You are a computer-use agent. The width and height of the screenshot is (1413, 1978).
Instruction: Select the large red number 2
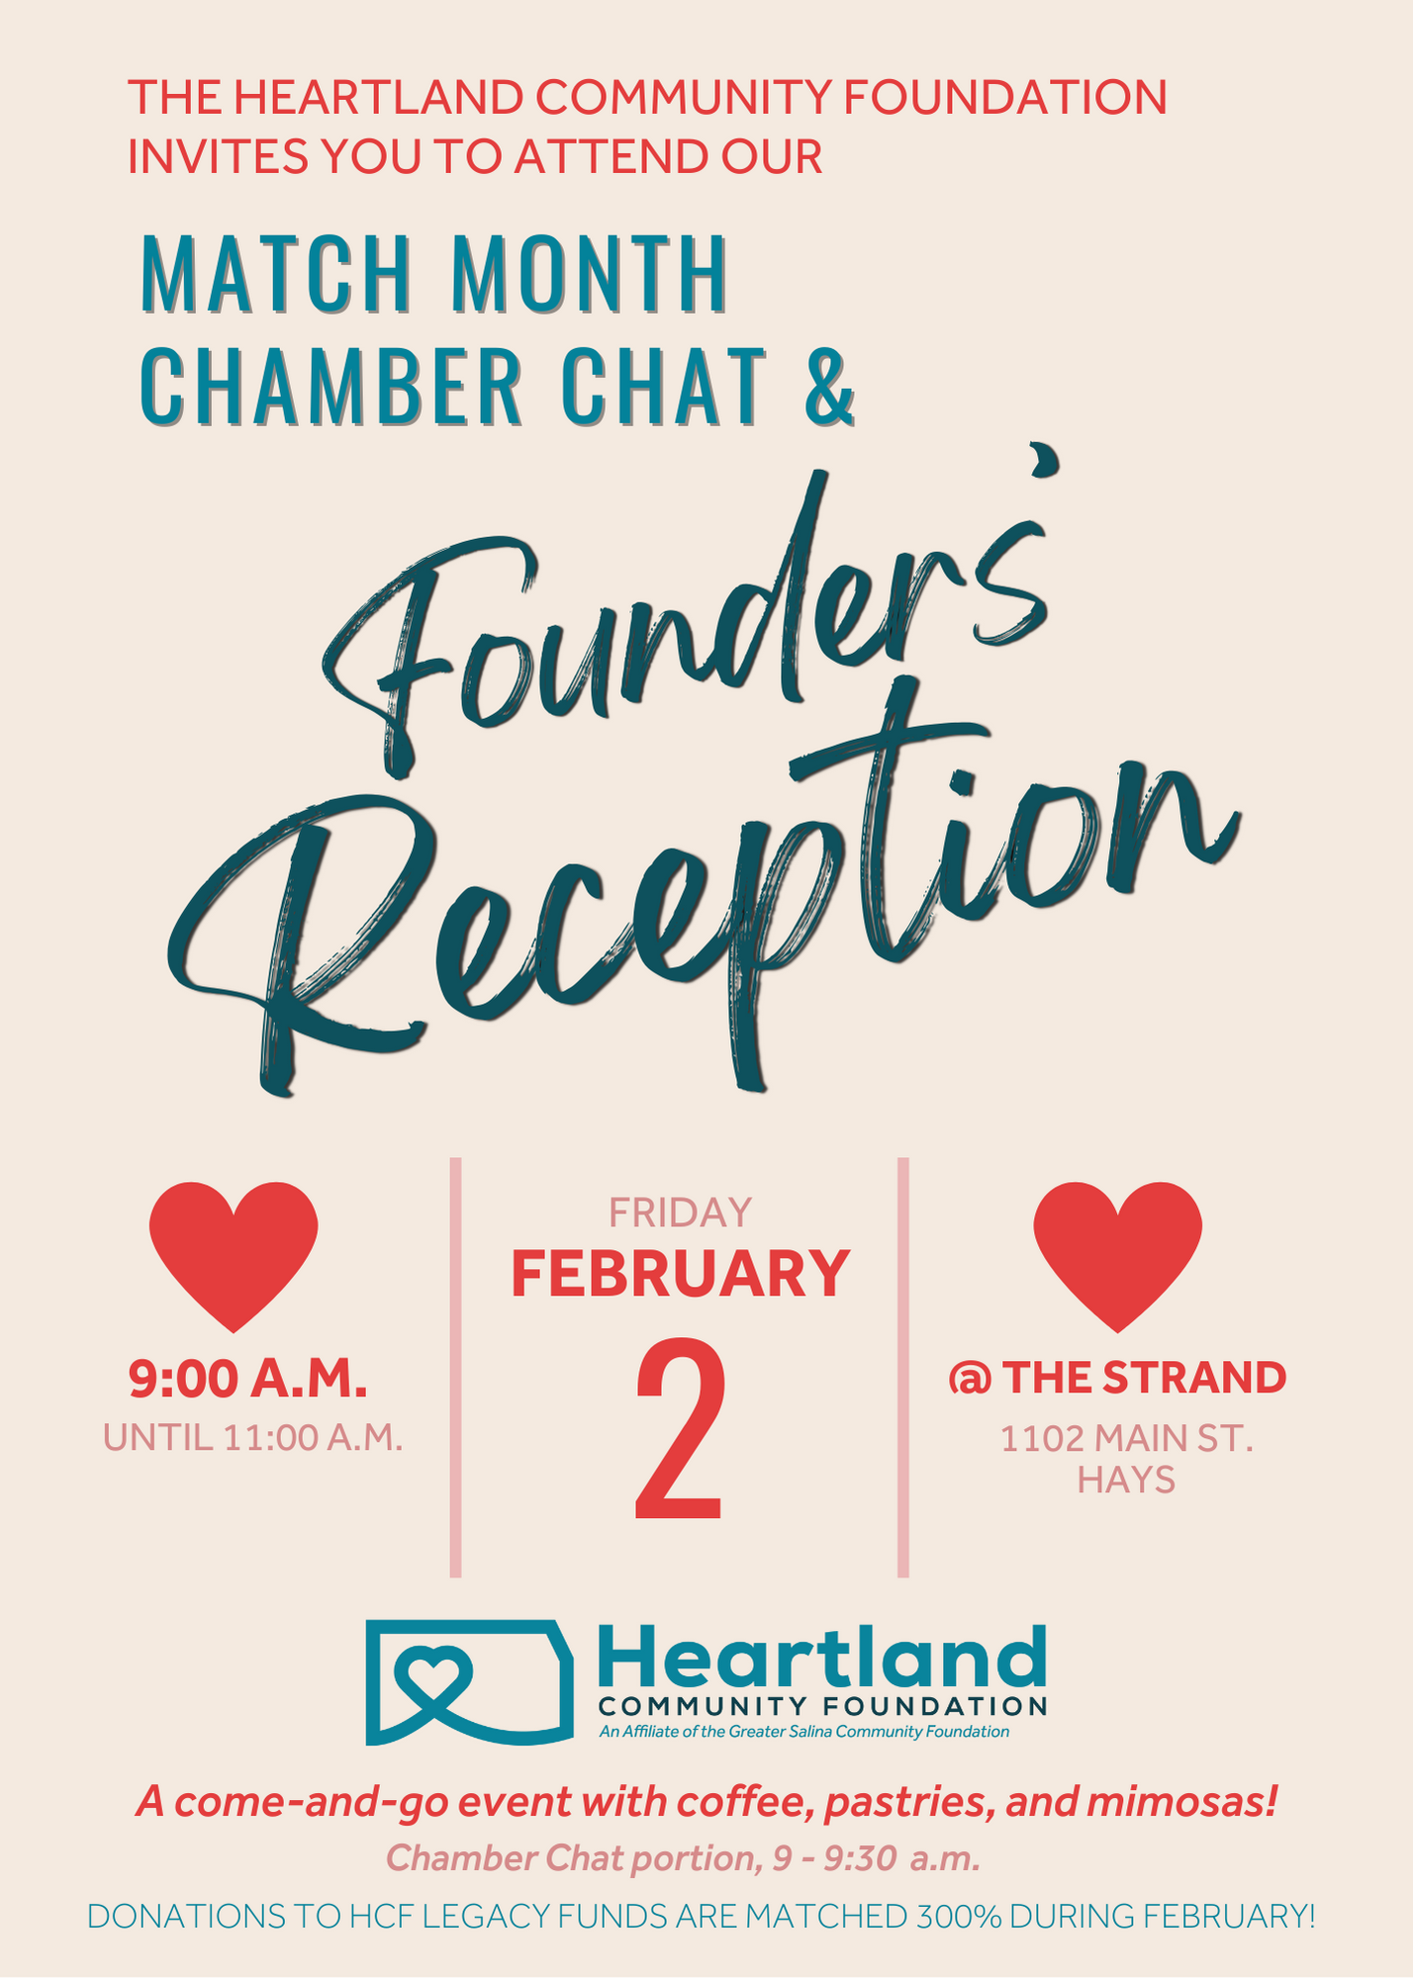pos(680,1430)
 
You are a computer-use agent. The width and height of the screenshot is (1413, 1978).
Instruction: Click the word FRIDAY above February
pos(680,1213)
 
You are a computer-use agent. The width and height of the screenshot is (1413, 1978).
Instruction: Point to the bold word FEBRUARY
pos(680,1274)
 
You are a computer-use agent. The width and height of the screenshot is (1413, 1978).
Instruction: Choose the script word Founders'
pos(683,613)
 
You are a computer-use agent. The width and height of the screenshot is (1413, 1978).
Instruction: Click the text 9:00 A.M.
pos(247,1379)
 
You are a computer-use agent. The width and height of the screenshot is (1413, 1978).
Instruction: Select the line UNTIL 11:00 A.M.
pos(253,1437)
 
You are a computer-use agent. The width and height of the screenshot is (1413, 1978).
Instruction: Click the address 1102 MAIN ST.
pos(1126,1438)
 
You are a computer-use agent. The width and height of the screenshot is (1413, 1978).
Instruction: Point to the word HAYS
pos(1126,1480)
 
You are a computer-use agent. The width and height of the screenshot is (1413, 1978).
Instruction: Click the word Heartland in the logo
pos(821,1657)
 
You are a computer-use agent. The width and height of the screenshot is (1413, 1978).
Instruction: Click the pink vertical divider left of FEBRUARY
pos(455,1367)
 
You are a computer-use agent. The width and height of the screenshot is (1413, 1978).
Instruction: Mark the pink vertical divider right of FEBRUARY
pos(903,1367)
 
